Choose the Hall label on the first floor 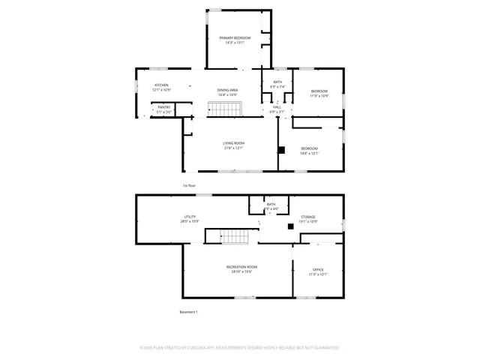[277, 107]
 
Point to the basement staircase [233, 236]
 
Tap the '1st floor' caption [189, 185]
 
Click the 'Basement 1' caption [188, 311]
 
